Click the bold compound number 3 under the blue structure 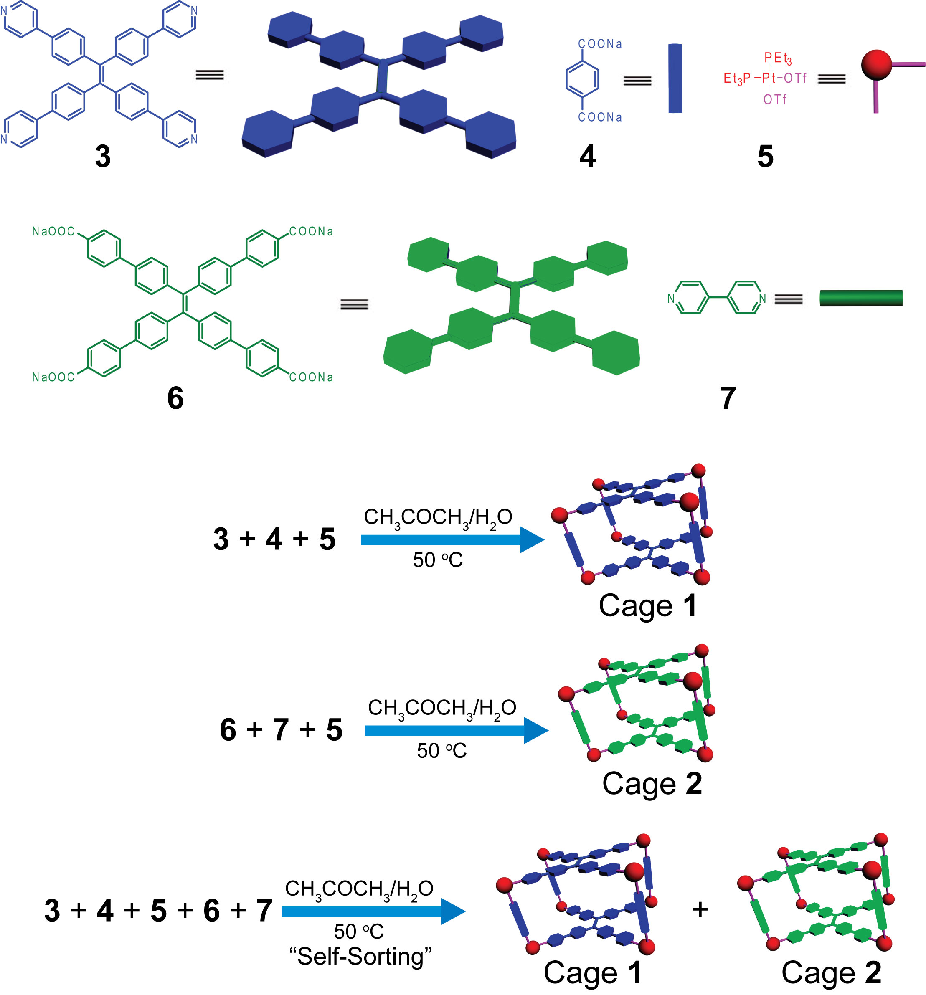pyautogui.click(x=103, y=157)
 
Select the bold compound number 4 pyautogui.click(x=588, y=157)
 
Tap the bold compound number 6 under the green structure pyautogui.click(x=175, y=398)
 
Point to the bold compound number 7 pyautogui.click(x=728, y=398)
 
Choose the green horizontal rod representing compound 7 pyautogui.click(x=861, y=298)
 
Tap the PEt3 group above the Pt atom pyautogui.click(x=778, y=58)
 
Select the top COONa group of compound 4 pyautogui.click(x=600, y=44)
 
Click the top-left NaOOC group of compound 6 pyautogui.click(x=53, y=231)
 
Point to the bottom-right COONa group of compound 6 pyautogui.click(x=311, y=377)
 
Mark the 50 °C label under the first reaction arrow pyautogui.click(x=437, y=560)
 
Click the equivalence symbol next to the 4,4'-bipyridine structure pyautogui.click(x=788, y=299)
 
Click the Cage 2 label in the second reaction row pyautogui.click(x=652, y=783)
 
